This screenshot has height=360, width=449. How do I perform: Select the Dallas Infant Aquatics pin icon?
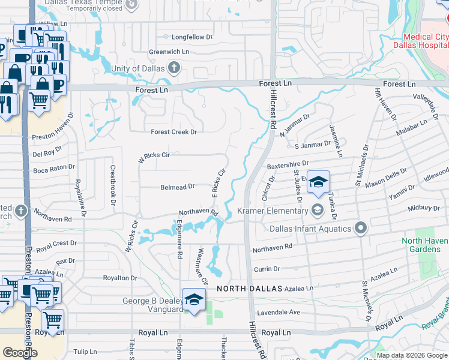(x=360, y=228)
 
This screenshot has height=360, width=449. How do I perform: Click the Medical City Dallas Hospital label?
(x=421, y=41)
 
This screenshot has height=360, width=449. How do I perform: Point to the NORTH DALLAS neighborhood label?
(x=249, y=289)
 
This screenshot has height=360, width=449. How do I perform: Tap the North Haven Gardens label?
(x=425, y=245)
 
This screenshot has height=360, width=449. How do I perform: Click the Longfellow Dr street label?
(x=192, y=37)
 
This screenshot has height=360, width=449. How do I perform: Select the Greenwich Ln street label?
(x=169, y=52)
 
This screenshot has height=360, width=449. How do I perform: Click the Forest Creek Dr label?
(x=173, y=132)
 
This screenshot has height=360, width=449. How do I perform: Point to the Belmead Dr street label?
(x=178, y=187)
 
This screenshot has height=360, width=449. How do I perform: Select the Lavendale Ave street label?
(x=279, y=313)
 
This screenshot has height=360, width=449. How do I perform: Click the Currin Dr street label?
(x=267, y=269)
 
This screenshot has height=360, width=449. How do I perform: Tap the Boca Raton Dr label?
(x=53, y=169)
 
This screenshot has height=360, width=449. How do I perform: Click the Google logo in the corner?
(x=20, y=353)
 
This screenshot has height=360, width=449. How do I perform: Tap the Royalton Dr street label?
(x=120, y=278)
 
